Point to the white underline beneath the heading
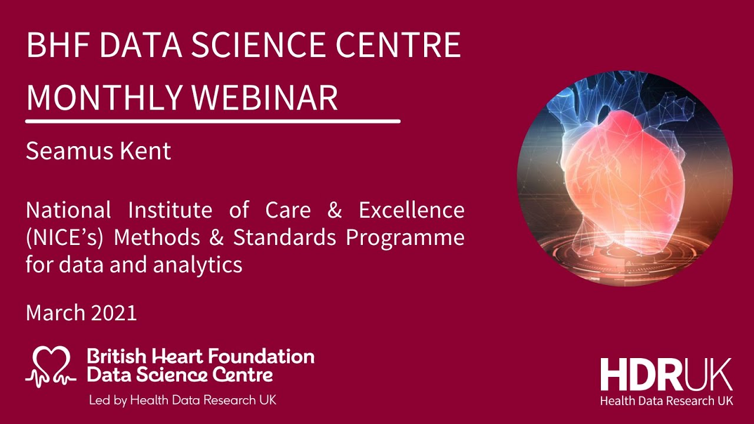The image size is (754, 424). (x=213, y=121)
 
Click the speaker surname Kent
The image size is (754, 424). (x=147, y=151)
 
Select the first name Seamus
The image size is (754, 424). (x=70, y=151)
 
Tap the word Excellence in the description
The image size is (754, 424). (x=412, y=210)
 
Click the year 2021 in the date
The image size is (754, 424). (x=114, y=313)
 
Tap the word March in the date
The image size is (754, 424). (x=55, y=313)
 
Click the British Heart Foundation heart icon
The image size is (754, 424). (x=51, y=365)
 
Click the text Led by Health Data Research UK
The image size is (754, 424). (x=182, y=400)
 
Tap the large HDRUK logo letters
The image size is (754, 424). (x=666, y=375)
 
